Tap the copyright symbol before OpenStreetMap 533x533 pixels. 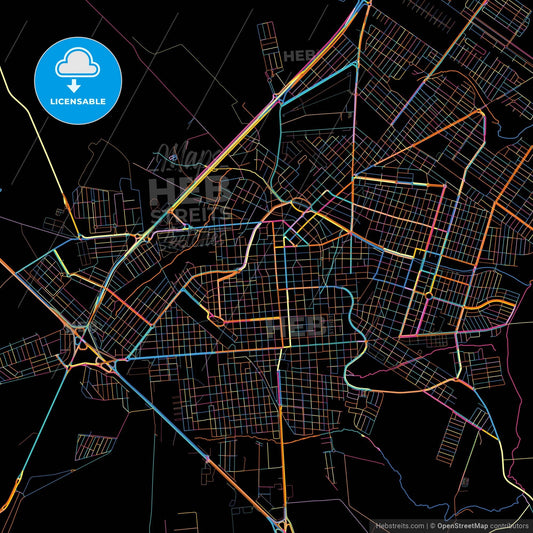pyautogui.click(x=432, y=524)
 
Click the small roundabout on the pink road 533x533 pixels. pyautogui.click(x=427, y=295)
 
